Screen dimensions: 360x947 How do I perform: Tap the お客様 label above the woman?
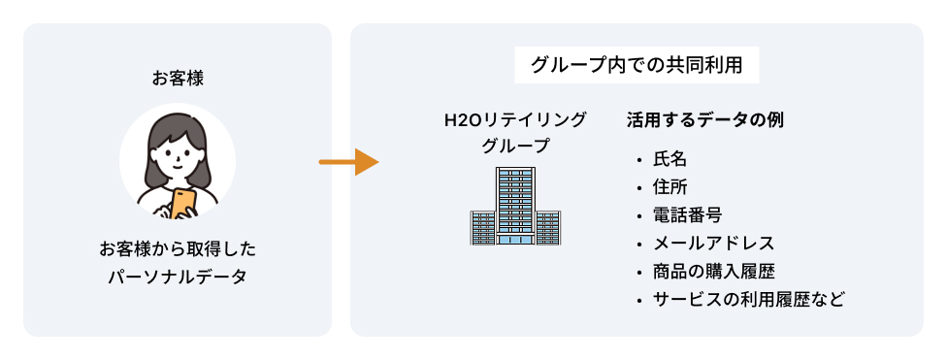(177, 77)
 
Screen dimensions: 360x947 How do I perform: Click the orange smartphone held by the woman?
(184, 201)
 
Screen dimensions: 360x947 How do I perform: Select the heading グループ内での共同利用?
(637, 66)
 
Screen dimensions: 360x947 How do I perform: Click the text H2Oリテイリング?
(515, 120)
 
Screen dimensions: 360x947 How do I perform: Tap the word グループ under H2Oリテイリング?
(515, 147)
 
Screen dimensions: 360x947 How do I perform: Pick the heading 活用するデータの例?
(705, 120)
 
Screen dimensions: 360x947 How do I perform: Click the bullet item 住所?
(669, 187)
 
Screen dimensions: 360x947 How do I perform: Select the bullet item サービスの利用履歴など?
(748, 299)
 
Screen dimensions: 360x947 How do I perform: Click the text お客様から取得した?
(177, 248)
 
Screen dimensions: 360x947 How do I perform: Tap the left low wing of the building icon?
(482, 228)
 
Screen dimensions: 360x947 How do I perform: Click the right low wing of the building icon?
(548, 228)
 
